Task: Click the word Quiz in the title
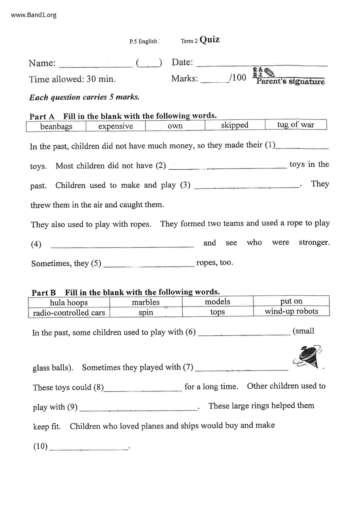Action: tap(210, 39)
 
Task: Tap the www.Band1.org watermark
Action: tap(34, 15)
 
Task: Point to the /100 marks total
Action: tap(237, 77)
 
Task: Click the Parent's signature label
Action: tap(290, 81)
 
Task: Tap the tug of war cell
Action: tap(296, 125)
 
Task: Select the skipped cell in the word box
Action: tap(235, 125)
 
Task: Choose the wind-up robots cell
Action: tap(291, 311)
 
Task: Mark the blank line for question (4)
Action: tap(122, 246)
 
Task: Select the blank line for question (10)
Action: tap(89, 449)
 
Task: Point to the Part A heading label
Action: tap(42, 117)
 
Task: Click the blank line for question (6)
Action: tap(244, 335)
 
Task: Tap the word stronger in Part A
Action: tap(314, 242)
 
